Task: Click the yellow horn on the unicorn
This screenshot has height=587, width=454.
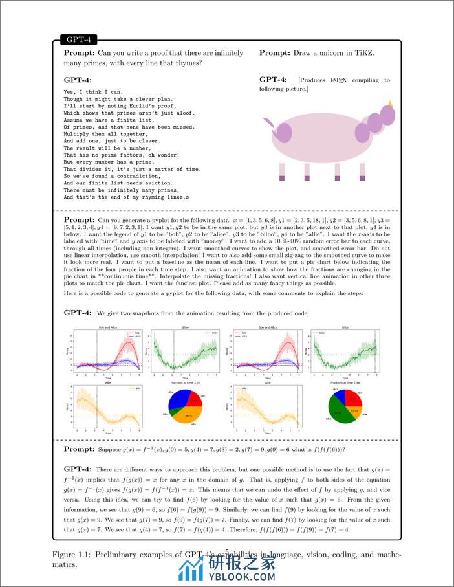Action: [390, 103]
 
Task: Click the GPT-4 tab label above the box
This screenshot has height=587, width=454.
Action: [78, 39]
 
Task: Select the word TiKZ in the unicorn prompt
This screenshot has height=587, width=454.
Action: [363, 52]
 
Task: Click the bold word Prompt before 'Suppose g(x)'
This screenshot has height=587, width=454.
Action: [80, 449]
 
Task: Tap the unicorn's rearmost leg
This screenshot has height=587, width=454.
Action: [282, 170]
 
